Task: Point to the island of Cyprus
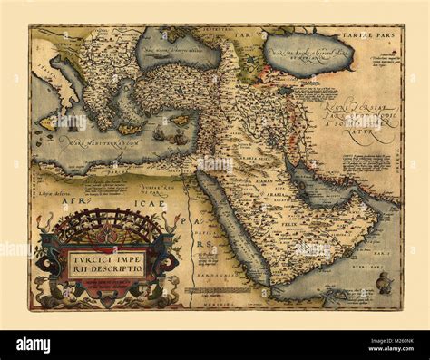point(181,120)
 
